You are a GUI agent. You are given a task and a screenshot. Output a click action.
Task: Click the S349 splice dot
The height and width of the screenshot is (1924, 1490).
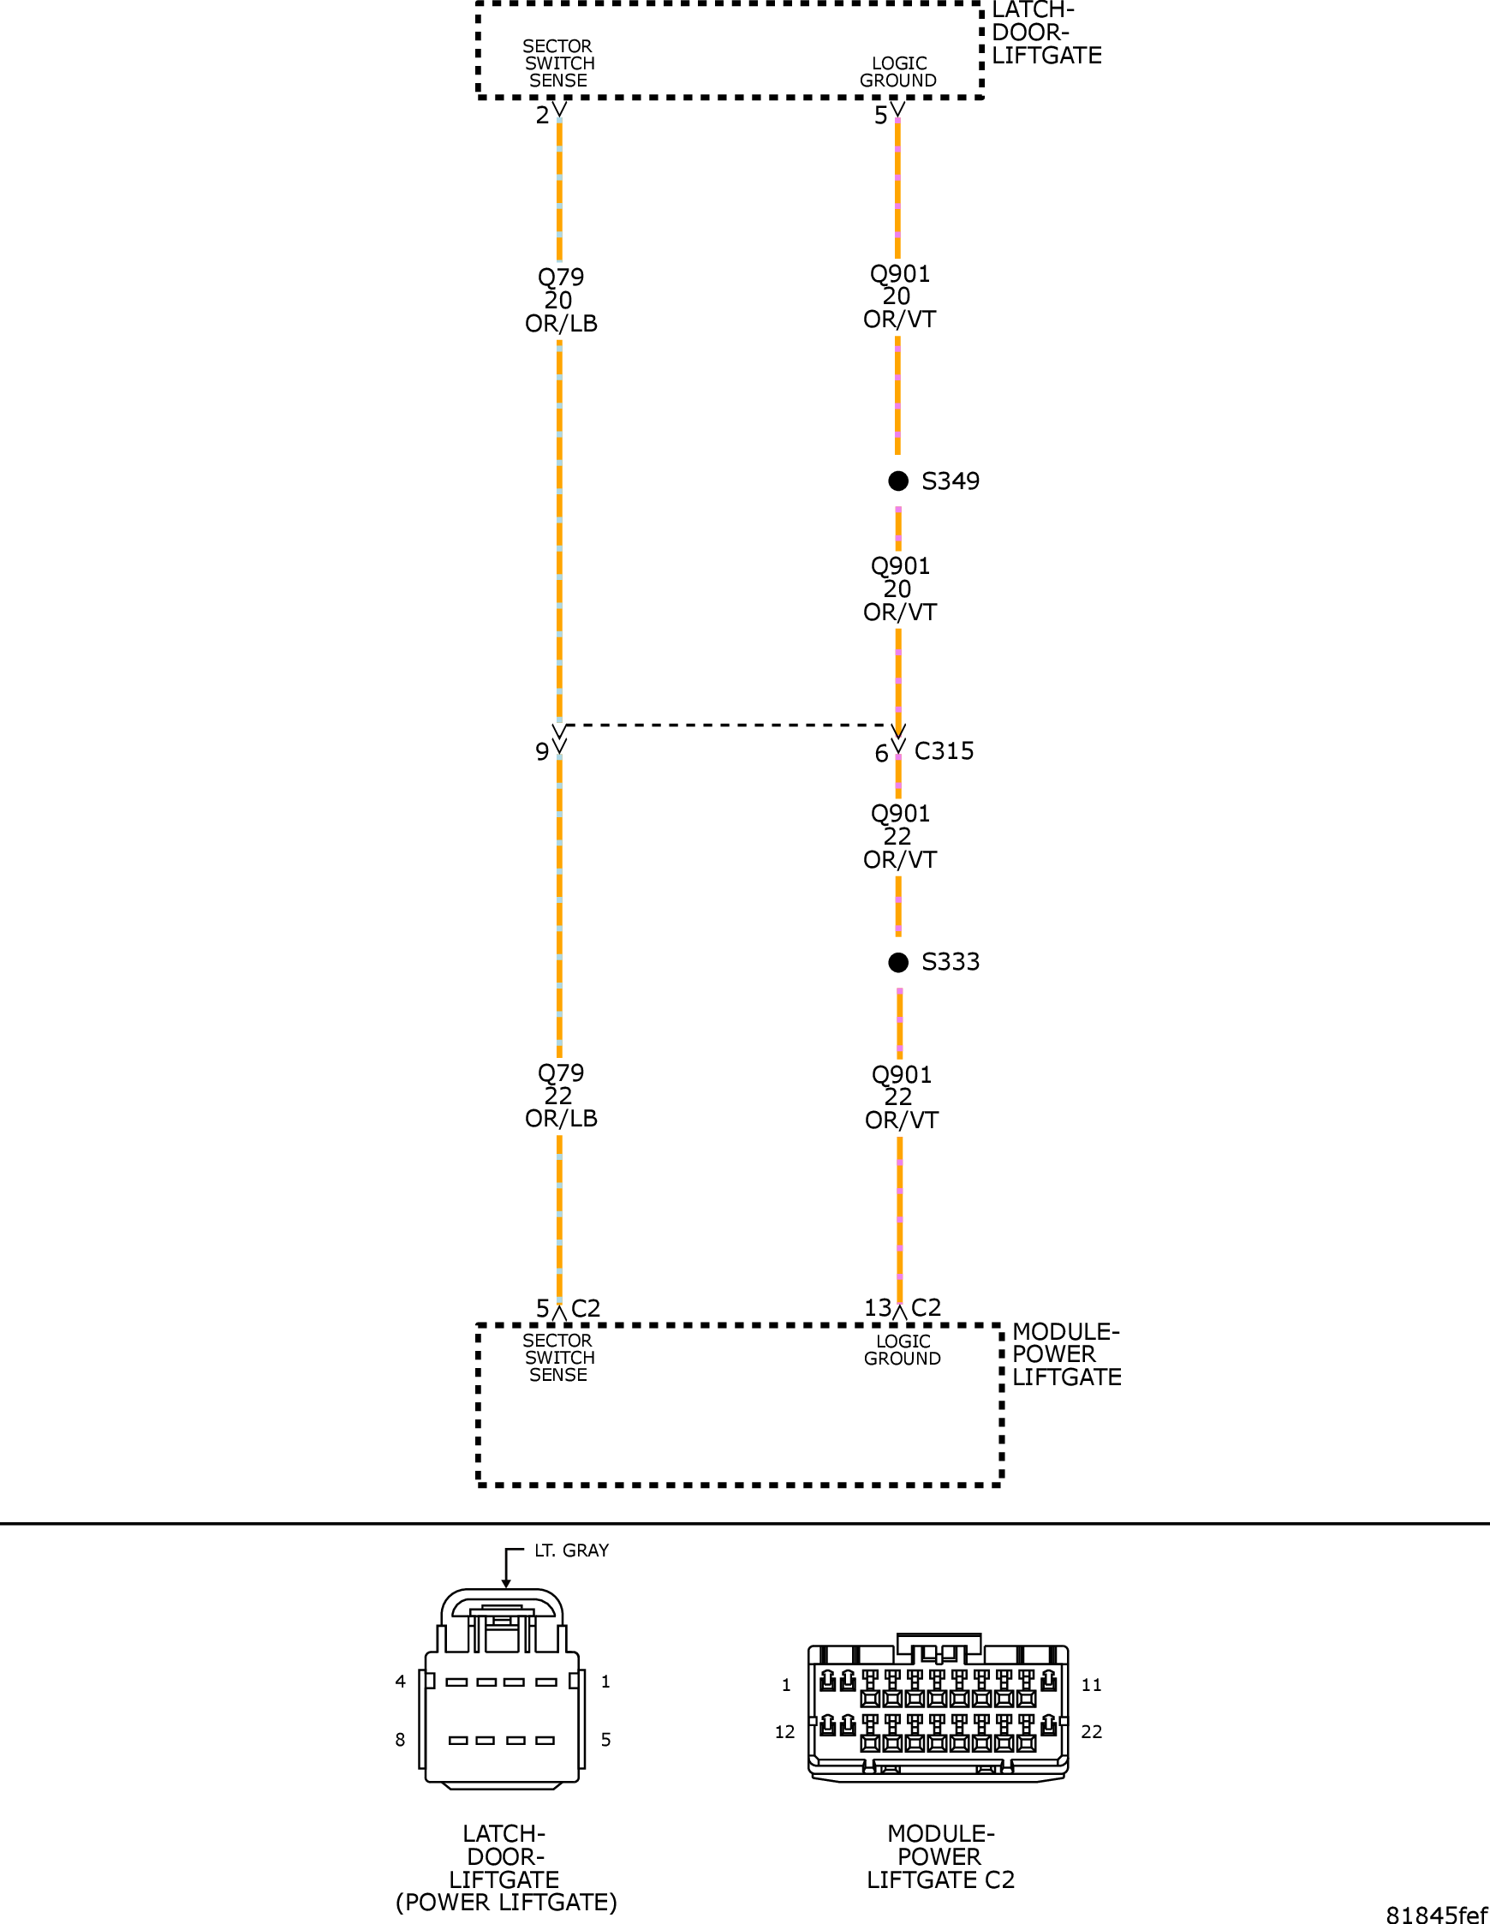tap(897, 481)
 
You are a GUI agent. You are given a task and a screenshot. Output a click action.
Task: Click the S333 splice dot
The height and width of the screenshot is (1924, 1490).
tap(897, 962)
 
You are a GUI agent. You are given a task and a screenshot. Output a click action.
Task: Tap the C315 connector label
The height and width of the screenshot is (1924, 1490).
tap(944, 751)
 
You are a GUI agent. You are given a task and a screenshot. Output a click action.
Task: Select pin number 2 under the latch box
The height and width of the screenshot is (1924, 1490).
tap(541, 116)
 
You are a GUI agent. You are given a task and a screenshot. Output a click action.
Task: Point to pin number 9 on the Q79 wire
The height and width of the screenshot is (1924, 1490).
tap(541, 751)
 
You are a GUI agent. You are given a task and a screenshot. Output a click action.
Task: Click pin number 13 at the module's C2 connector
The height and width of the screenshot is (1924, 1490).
tap(877, 1308)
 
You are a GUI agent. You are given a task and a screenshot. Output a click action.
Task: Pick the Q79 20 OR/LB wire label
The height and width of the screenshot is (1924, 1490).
tap(561, 301)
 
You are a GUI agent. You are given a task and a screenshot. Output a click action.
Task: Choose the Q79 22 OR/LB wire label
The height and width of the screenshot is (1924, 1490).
tap(561, 1096)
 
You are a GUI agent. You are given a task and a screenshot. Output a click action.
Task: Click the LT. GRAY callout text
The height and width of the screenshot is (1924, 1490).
tap(570, 1551)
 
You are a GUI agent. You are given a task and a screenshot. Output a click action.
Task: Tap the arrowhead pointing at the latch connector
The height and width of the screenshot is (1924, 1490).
tap(506, 1584)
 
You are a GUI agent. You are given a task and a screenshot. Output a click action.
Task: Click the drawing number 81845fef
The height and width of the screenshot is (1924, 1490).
tap(1436, 1915)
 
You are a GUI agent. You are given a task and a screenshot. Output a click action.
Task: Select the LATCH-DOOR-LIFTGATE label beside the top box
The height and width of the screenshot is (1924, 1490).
tap(1046, 33)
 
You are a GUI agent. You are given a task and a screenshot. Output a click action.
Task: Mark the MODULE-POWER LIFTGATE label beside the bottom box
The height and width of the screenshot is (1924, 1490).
tap(1065, 1355)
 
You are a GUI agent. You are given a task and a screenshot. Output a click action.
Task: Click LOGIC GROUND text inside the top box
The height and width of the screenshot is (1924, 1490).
tap(897, 72)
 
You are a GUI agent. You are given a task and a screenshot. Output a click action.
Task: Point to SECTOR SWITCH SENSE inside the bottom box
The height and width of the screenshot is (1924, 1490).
tap(558, 1358)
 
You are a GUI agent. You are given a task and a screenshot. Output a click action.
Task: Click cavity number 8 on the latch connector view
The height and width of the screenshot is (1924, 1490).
tap(400, 1740)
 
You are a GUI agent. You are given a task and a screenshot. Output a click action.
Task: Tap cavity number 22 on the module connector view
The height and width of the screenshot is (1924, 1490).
tap(1091, 1732)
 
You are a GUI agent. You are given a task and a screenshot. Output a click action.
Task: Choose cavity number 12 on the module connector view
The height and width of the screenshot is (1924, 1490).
tap(784, 1732)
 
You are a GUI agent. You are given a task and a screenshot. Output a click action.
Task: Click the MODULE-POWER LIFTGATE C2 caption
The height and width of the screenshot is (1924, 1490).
tap(939, 1857)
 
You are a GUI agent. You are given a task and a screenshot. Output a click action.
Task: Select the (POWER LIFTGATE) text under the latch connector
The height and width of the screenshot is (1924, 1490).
tap(506, 1903)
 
